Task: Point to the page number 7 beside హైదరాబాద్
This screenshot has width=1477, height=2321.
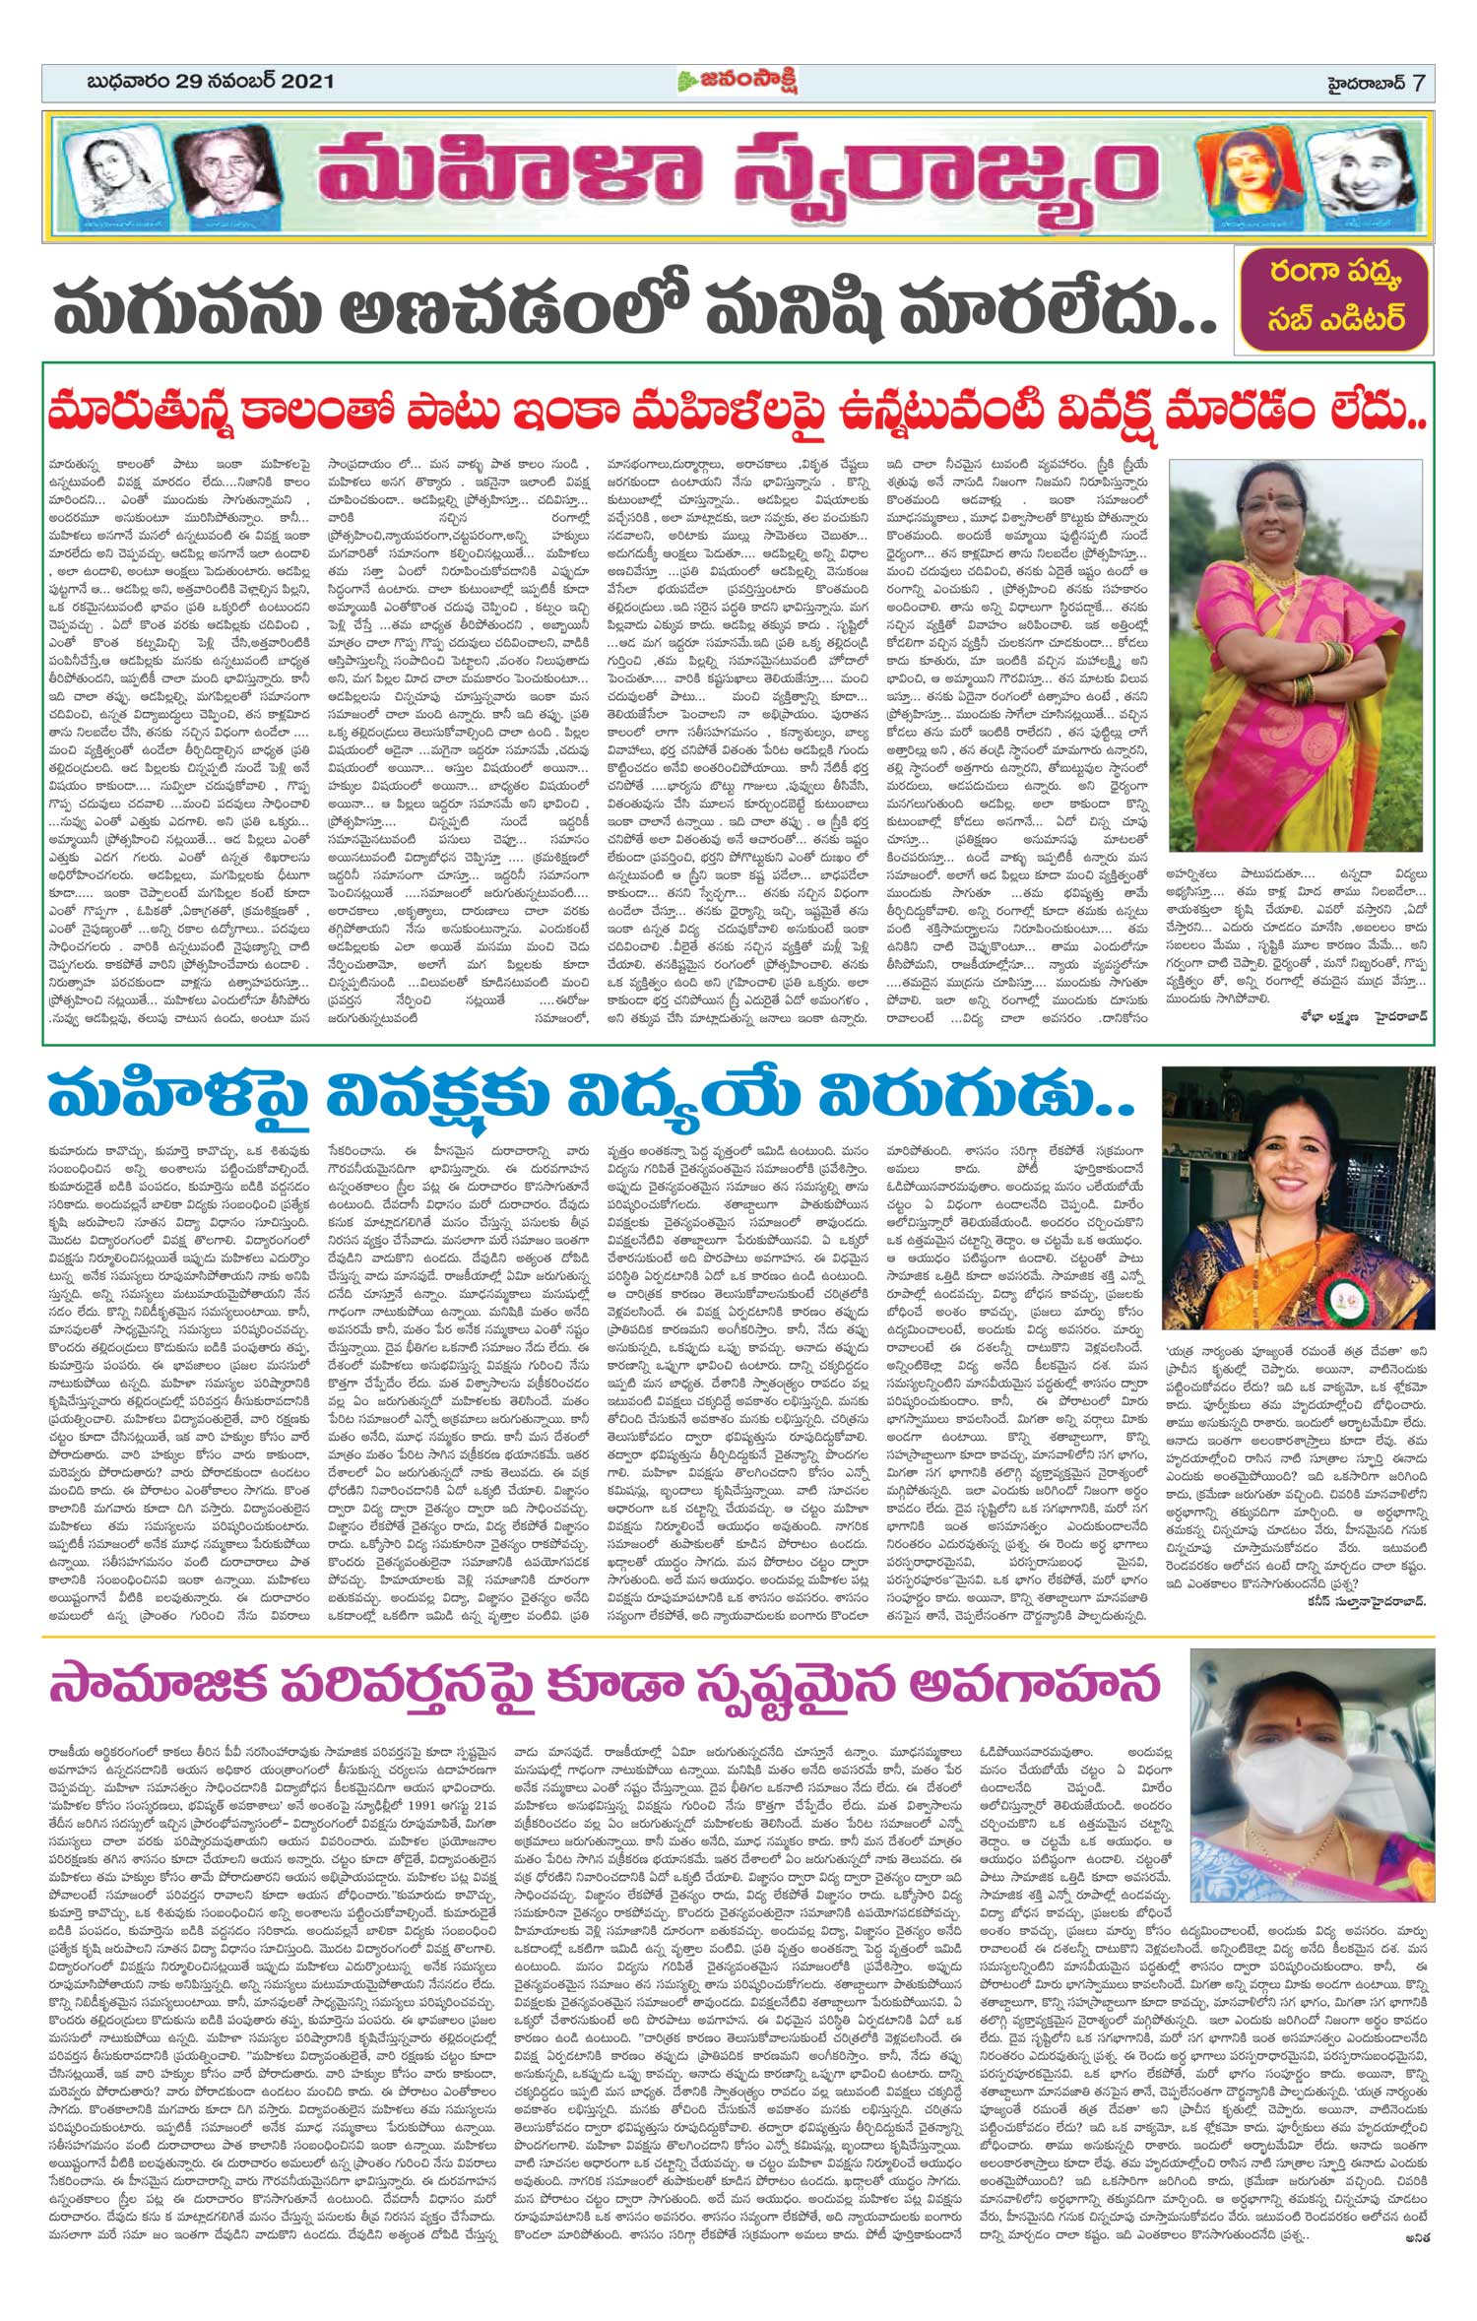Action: tap(1418, 82)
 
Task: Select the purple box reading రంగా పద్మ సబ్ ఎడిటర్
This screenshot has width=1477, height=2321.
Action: tap(1334, 304)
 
